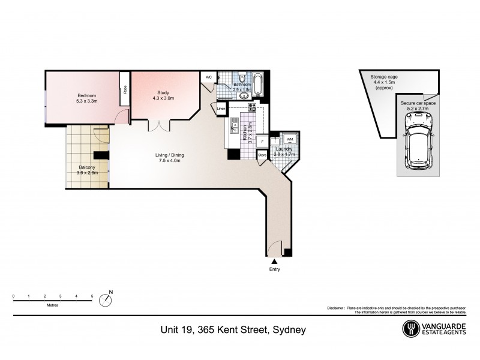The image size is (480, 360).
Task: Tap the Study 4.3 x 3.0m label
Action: (x=163, y=95)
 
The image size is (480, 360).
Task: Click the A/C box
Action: (x=208, y=77)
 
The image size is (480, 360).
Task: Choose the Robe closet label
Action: (x=125, y=89)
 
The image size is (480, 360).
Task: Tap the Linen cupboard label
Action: (x=221, y=109)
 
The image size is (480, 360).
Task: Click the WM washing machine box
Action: (x=290, y=139)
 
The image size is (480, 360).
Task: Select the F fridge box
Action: (x=262, y=142)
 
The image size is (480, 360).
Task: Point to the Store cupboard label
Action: (x=262, y=155)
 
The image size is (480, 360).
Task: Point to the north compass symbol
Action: (x=106, y=299)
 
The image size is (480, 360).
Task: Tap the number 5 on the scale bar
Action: (x=92, y=296)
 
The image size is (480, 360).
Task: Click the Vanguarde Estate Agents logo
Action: (x=434, y=328)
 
